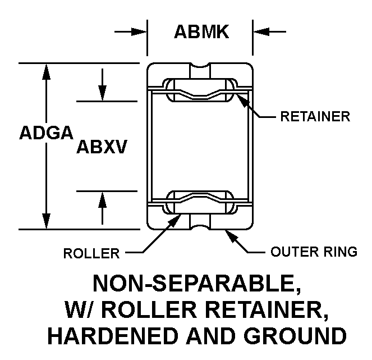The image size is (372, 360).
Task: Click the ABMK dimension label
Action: point(201,31)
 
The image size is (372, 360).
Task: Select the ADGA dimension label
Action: point(46,133)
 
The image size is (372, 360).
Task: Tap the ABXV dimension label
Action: point(102,147)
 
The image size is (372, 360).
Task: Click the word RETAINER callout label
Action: point(315,117)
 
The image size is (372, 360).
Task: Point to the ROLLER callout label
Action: point(91,253)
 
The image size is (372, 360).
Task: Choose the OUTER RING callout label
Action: point(314,252)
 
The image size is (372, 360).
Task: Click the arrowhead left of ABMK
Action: point(139,31)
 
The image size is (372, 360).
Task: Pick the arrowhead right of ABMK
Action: point(261,31)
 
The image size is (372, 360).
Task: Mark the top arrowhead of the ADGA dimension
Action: point(46,71)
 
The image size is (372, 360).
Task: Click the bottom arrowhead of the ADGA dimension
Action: point(46,221)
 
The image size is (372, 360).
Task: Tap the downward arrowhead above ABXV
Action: point(102,93)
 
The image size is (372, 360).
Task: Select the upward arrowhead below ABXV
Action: point(102,199)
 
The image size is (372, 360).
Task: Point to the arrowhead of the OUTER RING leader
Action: point(232,236)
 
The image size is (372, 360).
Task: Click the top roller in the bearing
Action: point(200,90)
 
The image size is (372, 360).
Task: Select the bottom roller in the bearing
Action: point(200,202)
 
